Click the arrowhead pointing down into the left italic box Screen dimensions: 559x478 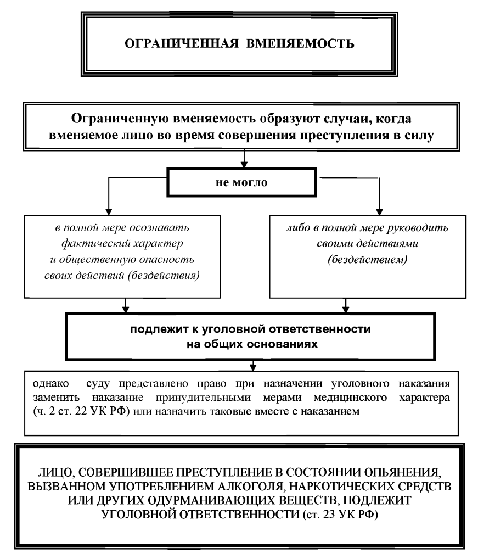coord(109,212)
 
